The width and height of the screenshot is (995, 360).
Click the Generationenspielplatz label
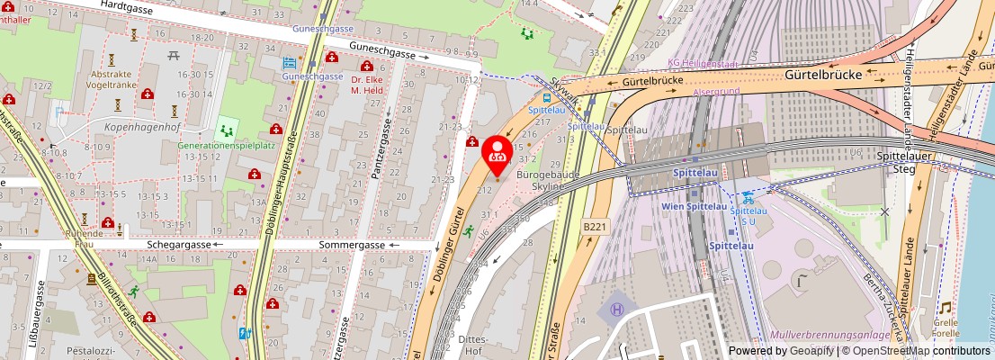[x=226, y=144]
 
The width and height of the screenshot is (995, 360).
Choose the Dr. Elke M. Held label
[x=368, y=84]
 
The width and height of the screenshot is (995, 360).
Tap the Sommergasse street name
[x=352, y=245]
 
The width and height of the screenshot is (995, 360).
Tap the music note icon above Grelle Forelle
[x=945, y=308]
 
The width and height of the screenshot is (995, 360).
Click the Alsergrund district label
[x=716, y=92]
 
